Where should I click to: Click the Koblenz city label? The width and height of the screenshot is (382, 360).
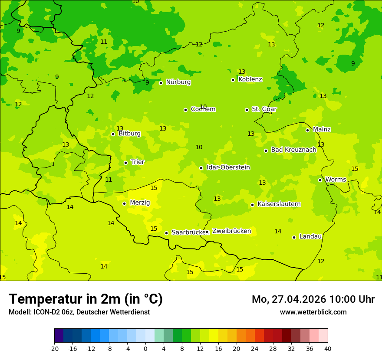(x=250, y=79)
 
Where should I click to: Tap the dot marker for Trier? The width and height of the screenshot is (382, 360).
(x=125, y=163)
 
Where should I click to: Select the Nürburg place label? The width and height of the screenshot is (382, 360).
(x=178, y=82)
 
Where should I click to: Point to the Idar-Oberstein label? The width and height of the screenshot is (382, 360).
(x=228, y=167)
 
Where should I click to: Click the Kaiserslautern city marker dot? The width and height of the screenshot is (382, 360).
(x=252, y=205)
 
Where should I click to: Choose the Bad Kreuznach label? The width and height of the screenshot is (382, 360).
(x=293, y=150)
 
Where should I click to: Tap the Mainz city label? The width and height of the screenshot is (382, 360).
(x=322, y=129)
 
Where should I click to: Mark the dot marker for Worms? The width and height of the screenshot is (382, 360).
(x=320, y=180)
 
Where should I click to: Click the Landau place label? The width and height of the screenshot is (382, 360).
(x=310, y=236)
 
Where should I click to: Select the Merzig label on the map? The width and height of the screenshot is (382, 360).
(x=140, y=203)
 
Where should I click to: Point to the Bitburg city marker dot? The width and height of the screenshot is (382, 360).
(x=113, y=134)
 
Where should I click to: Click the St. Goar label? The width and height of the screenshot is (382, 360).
(x=264, y=109)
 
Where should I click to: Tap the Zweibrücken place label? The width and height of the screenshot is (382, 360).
(x=231, y=231)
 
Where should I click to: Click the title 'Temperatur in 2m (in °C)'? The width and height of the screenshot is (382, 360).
(x=86, y=299)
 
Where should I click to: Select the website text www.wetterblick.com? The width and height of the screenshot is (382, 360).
(x=313, y=312)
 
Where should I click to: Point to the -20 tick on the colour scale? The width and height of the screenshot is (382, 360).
(x=54, y=348)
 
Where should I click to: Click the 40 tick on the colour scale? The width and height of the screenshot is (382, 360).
(x=328, y=348)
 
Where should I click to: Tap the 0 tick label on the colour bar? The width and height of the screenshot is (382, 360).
(x=145, y=348)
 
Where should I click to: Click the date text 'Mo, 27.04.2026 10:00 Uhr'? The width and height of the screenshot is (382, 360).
(x=313, y=299)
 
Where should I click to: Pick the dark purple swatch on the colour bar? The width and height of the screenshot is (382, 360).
(x=59, y=336)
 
